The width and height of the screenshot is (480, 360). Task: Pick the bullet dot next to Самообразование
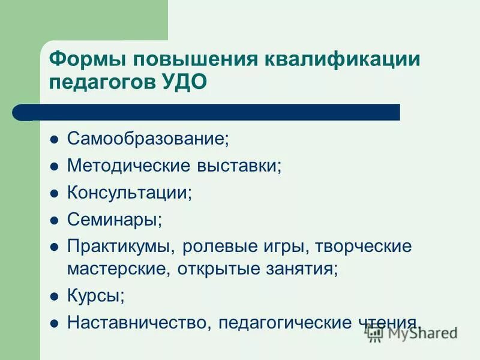coord(53,140)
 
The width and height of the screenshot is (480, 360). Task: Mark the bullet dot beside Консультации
coord(53,194)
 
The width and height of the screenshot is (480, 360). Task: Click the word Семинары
coord(114,220)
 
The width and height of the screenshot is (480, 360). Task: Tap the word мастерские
coord(118,268)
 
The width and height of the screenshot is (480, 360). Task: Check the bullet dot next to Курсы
coord(53,296)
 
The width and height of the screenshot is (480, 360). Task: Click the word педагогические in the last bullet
coord(284,322)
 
